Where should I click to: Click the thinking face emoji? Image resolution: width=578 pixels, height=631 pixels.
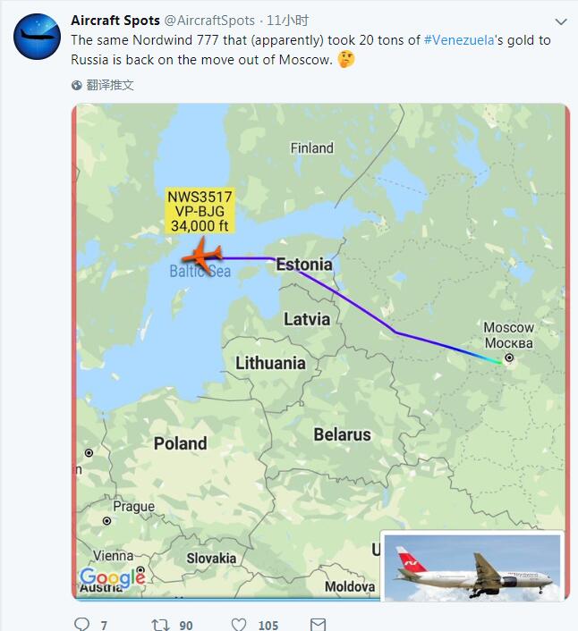(346, 60)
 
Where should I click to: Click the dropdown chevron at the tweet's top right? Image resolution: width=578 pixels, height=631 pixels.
(561, 21)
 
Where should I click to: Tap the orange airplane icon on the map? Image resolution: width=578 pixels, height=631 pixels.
(202, 257)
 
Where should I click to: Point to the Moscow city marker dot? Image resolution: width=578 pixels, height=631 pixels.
(509, 358)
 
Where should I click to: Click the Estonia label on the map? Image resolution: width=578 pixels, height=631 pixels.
(303, 265)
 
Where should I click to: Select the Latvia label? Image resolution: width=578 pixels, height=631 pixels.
(306, 319)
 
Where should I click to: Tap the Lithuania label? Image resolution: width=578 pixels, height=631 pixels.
(270, 363)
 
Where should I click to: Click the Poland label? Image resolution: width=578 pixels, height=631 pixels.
(180, 443)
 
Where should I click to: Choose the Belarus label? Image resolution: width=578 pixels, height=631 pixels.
(342, 435)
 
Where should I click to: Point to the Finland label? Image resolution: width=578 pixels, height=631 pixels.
(311, 148)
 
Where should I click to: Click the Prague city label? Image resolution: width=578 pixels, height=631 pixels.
(133, 507)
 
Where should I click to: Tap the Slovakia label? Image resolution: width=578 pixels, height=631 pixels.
(211, 558)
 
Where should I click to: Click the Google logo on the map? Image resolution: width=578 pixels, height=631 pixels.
(113, 577)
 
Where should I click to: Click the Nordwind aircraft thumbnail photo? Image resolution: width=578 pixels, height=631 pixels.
(471, 567)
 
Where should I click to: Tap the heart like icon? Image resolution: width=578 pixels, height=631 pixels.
(239, 624)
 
